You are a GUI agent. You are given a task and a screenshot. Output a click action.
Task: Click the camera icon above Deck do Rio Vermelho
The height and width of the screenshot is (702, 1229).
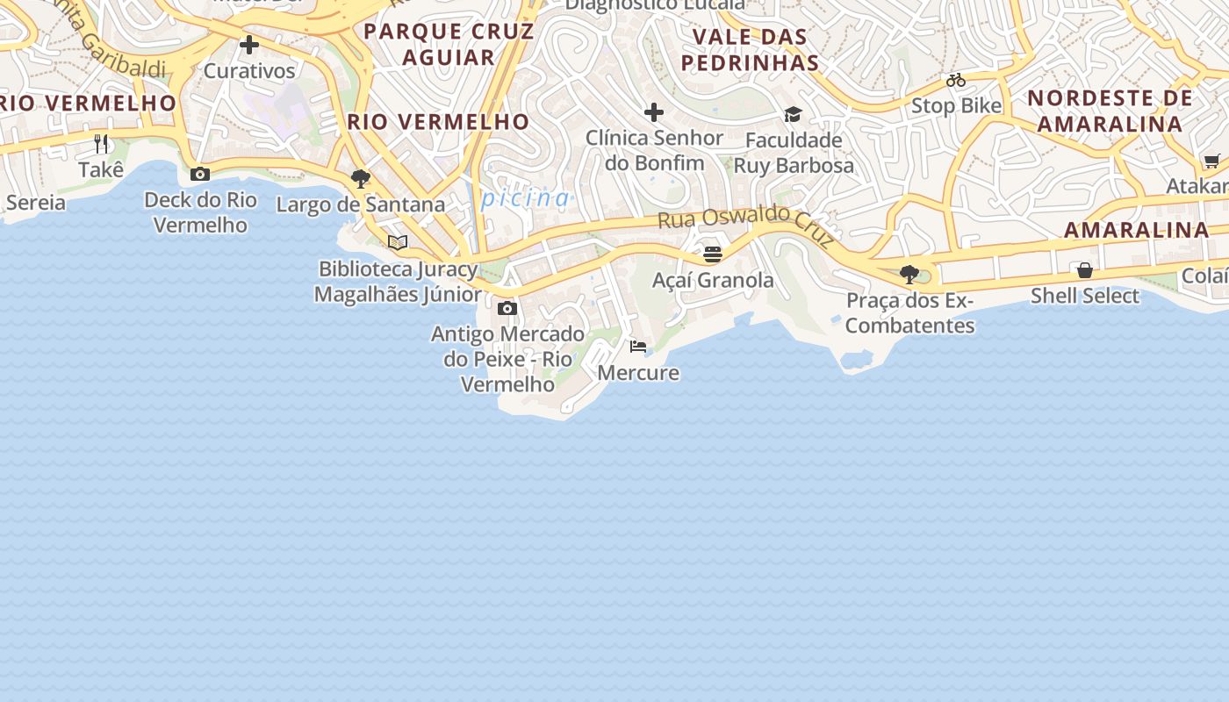200,174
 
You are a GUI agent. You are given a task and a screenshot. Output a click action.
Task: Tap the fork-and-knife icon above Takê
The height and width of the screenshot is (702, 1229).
102,143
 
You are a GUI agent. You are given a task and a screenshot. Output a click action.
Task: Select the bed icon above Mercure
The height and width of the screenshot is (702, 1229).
638,347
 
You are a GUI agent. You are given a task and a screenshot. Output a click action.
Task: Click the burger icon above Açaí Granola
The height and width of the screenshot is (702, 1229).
712,254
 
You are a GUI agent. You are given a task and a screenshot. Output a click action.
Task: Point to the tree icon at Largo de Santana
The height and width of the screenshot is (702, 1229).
360,179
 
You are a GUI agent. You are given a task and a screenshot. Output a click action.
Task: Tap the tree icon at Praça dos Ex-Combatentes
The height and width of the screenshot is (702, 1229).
909,275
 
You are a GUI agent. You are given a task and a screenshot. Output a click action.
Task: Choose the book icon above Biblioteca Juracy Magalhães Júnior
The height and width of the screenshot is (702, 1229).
398,242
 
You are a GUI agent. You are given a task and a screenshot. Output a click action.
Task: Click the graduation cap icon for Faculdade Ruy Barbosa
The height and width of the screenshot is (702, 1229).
793,114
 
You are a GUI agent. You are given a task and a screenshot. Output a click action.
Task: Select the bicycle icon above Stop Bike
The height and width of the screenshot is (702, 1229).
956,81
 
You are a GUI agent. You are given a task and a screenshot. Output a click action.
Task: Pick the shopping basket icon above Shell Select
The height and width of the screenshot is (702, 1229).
1085,270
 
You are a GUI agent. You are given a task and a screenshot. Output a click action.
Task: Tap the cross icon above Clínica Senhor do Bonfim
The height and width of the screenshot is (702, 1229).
654,112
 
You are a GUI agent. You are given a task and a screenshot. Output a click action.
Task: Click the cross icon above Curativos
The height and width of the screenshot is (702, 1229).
249,45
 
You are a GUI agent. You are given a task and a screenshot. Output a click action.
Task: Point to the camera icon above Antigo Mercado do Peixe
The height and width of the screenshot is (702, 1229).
507,308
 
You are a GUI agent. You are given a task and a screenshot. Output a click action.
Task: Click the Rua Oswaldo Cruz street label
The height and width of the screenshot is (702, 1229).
745,225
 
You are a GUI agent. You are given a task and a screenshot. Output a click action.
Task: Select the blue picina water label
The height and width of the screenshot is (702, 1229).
526,198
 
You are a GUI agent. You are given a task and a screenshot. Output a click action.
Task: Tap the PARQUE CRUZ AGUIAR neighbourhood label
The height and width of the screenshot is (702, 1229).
449,44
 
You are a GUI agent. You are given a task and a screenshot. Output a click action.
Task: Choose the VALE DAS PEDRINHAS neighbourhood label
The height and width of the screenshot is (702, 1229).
750,50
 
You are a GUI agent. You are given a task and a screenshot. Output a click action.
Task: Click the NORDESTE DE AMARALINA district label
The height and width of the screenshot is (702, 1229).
1110,110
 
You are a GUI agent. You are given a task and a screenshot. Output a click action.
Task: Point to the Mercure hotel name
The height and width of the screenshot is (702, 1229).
638,373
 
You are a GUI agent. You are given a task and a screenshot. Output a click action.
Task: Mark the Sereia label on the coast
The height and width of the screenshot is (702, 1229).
36,203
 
